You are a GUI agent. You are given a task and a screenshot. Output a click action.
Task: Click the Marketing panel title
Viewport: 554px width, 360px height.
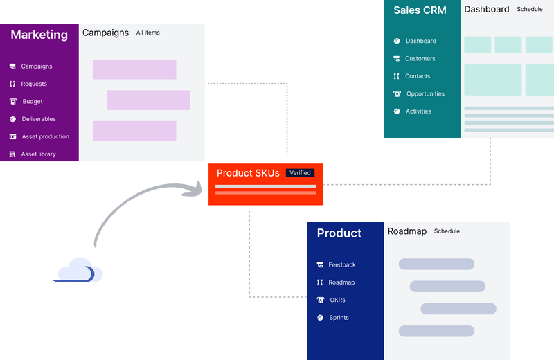click(x=39, y=35)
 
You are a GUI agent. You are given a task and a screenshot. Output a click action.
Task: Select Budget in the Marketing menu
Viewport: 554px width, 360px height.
click(x=32, y=102)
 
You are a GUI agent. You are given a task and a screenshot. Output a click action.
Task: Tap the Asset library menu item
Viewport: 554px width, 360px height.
click(x=38, y=154)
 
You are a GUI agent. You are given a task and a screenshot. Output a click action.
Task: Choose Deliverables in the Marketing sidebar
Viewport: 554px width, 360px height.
click(x=38, y=119)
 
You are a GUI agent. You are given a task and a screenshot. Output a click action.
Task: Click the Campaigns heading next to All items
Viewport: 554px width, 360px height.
click(x=105, y=33)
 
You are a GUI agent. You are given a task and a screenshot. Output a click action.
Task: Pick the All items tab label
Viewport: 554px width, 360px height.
click(x=148, y=33)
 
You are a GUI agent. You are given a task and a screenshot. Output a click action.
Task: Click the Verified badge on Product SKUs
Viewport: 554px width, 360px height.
click(x=300, y=173)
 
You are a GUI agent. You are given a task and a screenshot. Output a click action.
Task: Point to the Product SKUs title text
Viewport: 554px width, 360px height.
click(x=248, y=173)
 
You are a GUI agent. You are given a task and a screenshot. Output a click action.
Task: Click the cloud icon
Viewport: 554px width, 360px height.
click(x=80, y=271)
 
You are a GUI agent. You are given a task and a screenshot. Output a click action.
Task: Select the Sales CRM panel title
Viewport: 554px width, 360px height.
click(x=420, y=10)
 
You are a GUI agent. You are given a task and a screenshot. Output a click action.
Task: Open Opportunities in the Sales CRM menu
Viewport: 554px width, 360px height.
click(x=425, y=94)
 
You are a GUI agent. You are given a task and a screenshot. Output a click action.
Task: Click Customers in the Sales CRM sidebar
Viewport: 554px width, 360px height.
click(x=420, y=59)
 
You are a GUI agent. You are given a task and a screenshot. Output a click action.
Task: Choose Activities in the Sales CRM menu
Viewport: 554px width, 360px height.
click(x=418, y=111)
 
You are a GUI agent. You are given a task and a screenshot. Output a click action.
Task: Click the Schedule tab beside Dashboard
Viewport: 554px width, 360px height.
click(x=530, y=10)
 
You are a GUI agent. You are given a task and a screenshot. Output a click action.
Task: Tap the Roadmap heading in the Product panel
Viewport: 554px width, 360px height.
click(x=406, y=231)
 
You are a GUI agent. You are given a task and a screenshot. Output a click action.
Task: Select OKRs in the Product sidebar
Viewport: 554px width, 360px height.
click(x=337, y=300)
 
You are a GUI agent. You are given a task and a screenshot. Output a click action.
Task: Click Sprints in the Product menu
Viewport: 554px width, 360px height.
click(x=339, y=318)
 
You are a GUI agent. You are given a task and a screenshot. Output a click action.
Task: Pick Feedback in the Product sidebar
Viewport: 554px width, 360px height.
click(x=341, y=265)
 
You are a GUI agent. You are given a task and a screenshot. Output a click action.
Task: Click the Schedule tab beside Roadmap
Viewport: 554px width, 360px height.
click(x=447, y=231)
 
